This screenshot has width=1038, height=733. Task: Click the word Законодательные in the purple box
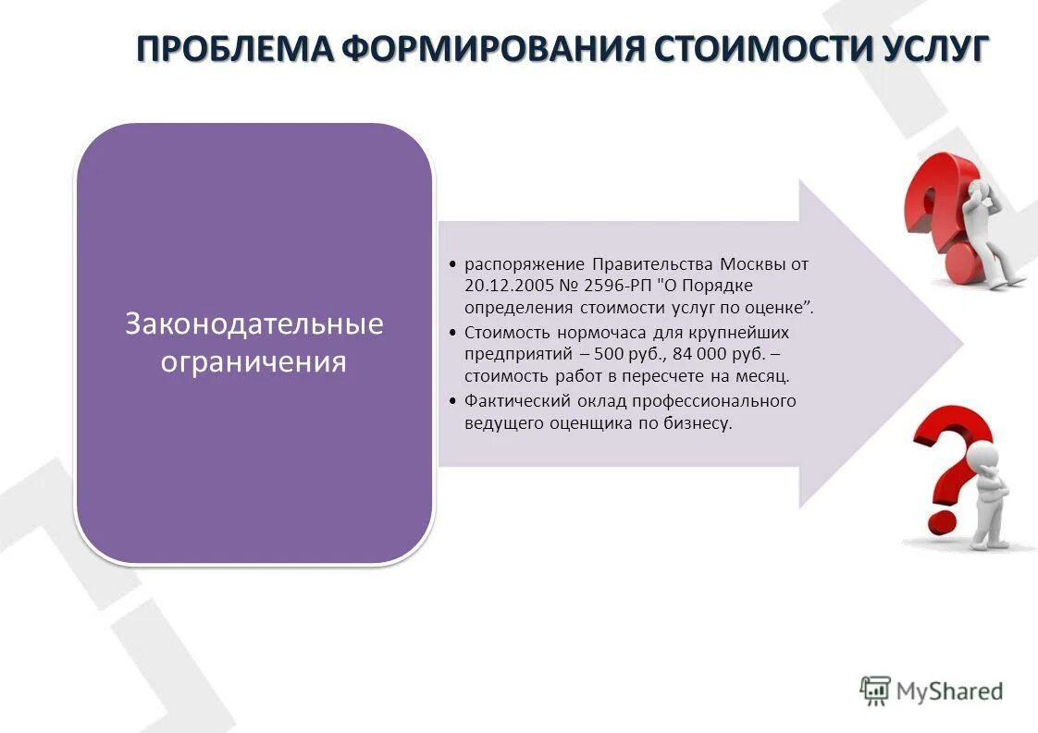coord(254,324)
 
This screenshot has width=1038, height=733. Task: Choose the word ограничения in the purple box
coord(254,360)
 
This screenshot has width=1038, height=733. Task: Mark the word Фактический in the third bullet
coord(509,401)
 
